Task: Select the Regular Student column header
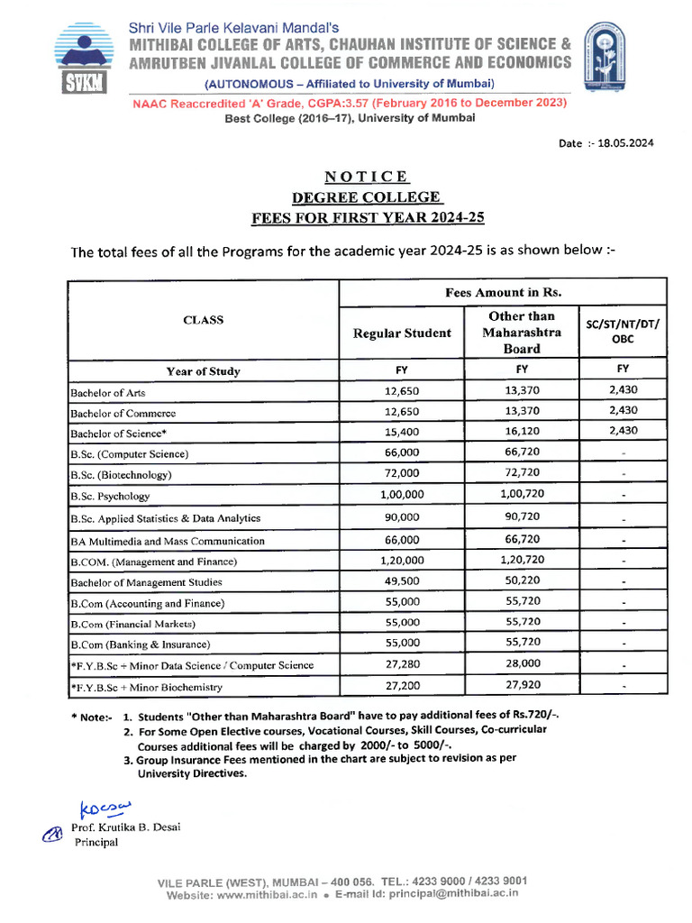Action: click(402, 334)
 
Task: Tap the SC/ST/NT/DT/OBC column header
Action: click(623, 332)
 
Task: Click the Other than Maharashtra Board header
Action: click(522, 333)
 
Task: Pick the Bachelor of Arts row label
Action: click(108, 393)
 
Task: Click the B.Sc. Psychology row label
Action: click(110, 496)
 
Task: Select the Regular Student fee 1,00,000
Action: click(402, 496)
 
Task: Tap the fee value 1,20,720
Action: click(522, 560)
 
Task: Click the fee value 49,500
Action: click(402, 581)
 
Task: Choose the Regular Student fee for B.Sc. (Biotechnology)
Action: click(402, 473)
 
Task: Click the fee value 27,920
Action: click(523, 685)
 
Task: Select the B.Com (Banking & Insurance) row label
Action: click(140, 644)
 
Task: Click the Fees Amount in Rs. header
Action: click(503, 293)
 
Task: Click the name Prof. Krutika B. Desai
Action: click(126, 827)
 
